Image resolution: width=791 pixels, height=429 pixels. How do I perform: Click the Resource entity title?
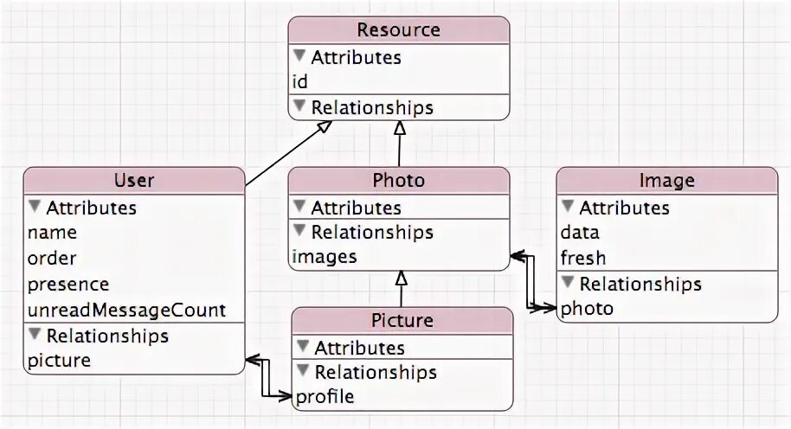tap(399, 30)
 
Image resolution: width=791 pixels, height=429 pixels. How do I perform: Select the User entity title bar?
tap(134, 181)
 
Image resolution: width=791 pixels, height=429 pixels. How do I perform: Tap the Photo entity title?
tap(399, 181)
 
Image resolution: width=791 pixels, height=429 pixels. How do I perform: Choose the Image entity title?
tap(666, 181)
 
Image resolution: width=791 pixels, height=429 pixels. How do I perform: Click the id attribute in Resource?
tap(300, 82)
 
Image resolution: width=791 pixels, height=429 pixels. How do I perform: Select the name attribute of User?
tap(52, 233)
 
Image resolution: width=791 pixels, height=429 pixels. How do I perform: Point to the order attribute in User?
tap(52, 258)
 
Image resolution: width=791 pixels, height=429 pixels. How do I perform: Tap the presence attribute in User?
tap(68, 284)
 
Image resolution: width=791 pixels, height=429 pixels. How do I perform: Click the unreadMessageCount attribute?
tap(126, 309)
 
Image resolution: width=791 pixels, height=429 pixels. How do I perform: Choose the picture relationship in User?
tap(59, 360)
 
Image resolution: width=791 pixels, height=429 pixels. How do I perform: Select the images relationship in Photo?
tap(325, 257)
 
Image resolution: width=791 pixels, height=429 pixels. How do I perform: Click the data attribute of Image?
tap(580, 233)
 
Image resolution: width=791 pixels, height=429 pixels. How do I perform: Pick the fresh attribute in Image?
tap(583, 258)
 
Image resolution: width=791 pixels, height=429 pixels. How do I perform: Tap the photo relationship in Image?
tap(587, 309)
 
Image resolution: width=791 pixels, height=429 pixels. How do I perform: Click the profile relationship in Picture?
tap(325, 398)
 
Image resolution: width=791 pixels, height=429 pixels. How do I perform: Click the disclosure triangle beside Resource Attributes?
tap(299, 56)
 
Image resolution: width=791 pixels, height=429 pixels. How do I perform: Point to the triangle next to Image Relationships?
tap(568, 283)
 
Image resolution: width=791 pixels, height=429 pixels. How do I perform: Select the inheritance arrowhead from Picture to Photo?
tap(401, 278)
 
